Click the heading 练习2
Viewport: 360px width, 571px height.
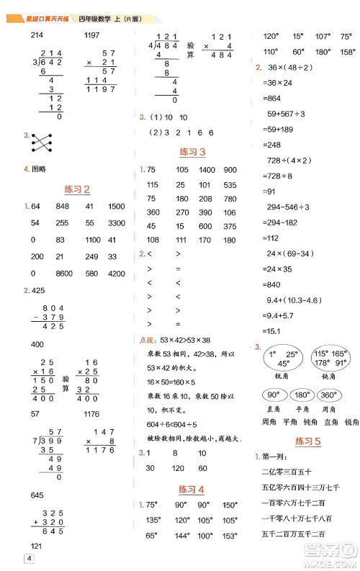pyautogui.click(x=77, y=190)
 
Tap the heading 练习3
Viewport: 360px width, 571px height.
pyautogui.click(x=192, y=153)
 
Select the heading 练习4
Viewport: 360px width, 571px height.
pyautogui.click(x=192, y=490)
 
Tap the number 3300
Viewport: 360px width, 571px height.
pyautogui.click(x=117, y=223)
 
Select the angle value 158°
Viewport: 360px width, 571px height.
pyautogui.click(x=347, y=52)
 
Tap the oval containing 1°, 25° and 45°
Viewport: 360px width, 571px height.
pyautogui.click(x=282, y=358)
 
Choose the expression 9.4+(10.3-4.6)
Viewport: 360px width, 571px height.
pyautogui.click(x=296, y=300)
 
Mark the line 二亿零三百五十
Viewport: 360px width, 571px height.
pyautogui.click(x=287, y=472)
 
